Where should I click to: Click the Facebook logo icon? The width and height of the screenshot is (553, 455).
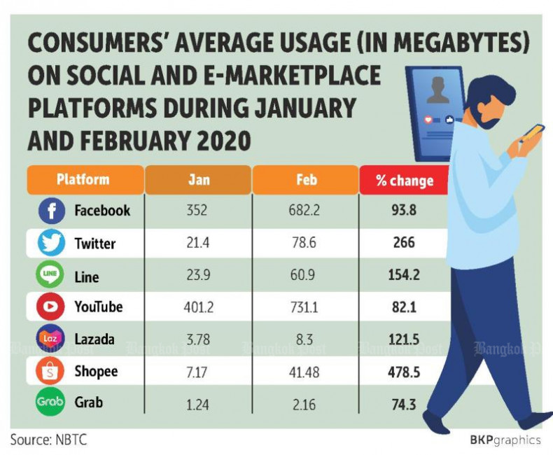point(50,211)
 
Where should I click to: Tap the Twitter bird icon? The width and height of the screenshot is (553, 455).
point(50,244)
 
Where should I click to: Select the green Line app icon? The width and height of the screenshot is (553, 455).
point(50,276)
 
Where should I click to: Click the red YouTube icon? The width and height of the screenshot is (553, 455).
point(50,307)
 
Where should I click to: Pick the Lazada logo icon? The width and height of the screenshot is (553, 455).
point(50,339)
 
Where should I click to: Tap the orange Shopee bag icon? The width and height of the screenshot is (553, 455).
point(50,372)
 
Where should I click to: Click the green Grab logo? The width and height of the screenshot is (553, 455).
point(50,404)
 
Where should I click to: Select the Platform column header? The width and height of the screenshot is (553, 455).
point(83,179)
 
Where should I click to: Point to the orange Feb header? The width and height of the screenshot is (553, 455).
point(306,180)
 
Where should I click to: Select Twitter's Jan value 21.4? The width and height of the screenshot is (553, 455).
point(199,244)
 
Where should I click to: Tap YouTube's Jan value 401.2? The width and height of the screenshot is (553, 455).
point(199,307)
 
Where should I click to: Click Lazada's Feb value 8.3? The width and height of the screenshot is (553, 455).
point(306,339)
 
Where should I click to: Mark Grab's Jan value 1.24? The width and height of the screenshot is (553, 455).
point(199,404)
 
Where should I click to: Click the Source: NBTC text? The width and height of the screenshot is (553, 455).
point(48,440)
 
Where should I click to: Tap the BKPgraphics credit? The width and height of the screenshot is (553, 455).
point(505,440)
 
